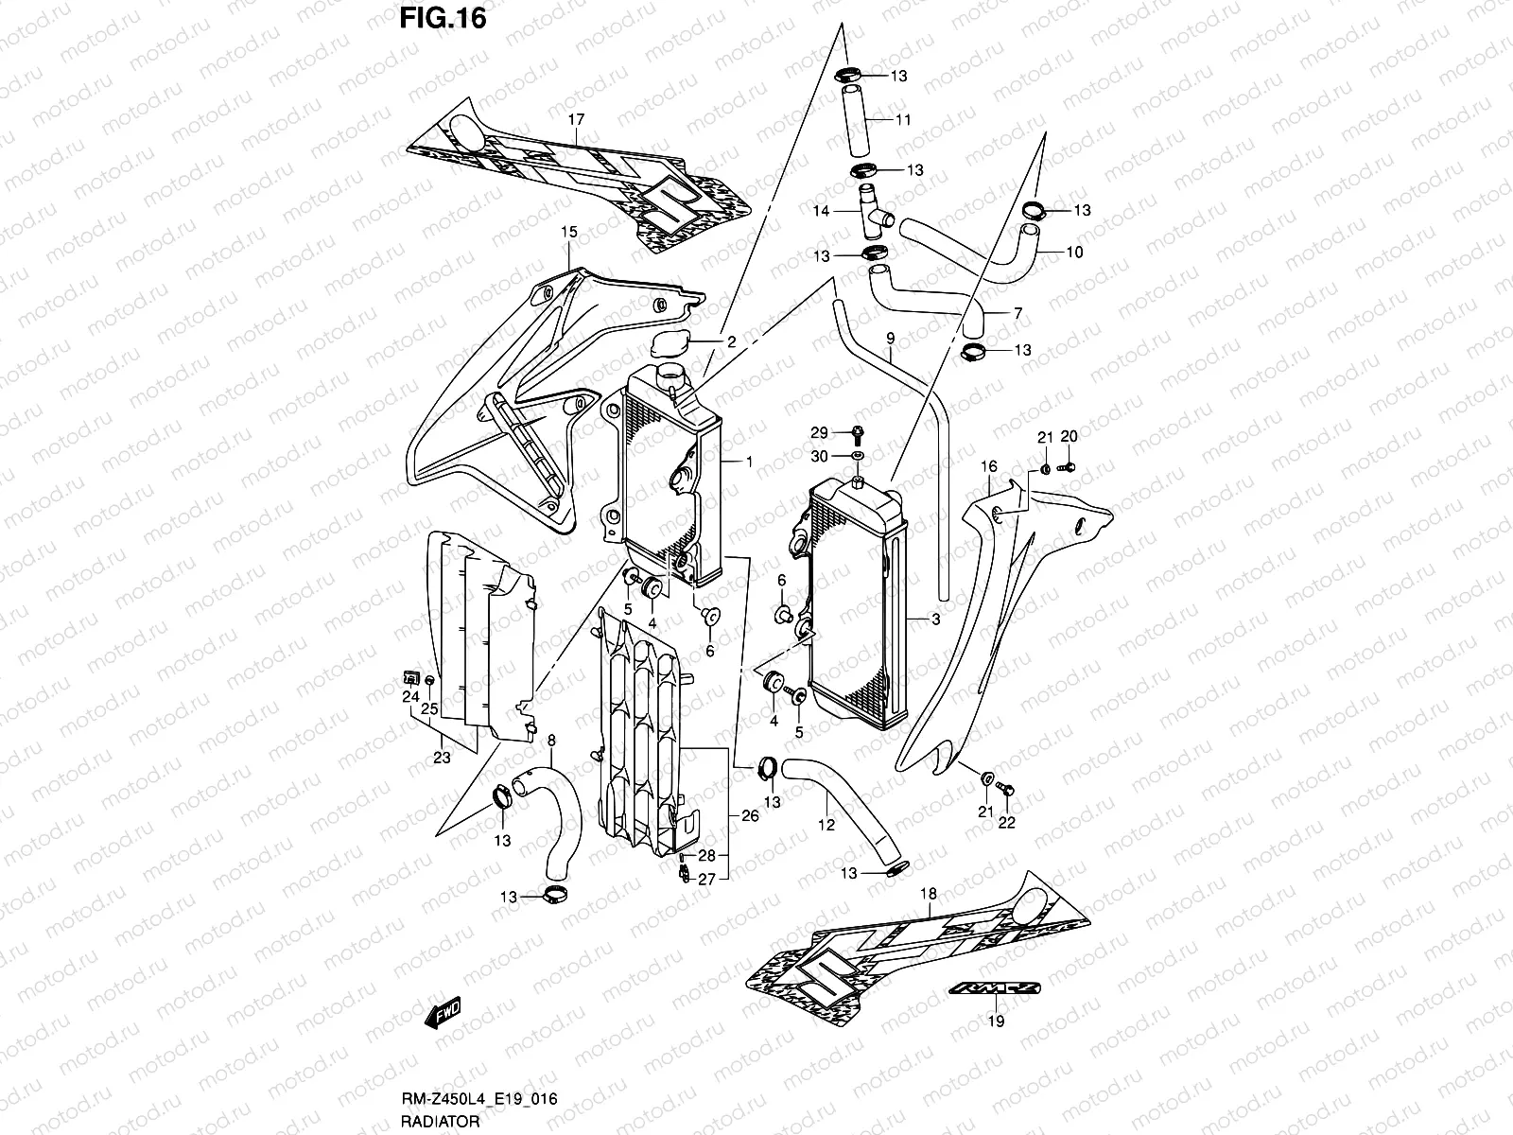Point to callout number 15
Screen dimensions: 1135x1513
568,232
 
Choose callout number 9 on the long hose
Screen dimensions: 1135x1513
890,338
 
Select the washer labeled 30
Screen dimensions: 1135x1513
857,457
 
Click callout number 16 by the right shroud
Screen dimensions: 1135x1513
989,466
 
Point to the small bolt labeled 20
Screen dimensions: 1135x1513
1069,467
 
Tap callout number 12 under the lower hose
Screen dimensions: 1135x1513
826,825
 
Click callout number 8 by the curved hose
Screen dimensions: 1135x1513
551,741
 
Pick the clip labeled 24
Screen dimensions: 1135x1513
411,676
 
